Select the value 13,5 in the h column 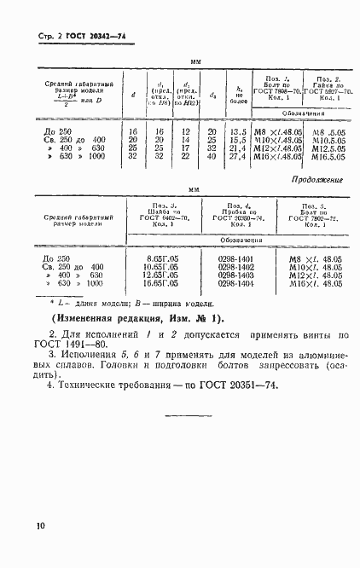238,132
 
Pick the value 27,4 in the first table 238,157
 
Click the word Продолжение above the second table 317,181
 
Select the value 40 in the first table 212,157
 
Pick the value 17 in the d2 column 186,148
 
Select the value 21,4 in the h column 238,148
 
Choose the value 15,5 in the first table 238,141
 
